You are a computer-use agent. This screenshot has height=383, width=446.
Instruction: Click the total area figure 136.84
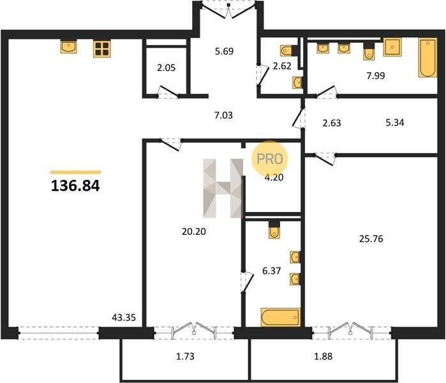click(x=75, y=186)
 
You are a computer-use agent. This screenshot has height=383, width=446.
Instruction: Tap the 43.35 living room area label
click(x=124, y=317)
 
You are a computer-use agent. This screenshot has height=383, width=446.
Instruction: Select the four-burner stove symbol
click(x=102, y=49)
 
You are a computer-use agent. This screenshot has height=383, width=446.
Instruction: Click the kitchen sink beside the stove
click(x=68, y=47)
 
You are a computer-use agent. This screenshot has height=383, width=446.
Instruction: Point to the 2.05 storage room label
click(x=166, y=68)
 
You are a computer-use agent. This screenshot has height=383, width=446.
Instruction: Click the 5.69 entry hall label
click(x=224, y=51)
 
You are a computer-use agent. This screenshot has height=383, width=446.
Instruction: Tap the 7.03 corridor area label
click(x=223, y=116)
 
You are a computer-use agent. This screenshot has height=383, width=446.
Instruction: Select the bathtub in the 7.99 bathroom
click(x=427, y=57)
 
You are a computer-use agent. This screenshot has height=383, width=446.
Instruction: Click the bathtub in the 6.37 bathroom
click(x=281, y=317)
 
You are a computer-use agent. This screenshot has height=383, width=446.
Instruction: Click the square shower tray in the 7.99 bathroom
click(x=392, y=47)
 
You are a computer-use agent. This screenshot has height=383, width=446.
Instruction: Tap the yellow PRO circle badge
click(x=270, y=158)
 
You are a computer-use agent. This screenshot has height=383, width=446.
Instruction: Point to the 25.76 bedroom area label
click(x=371, y=239)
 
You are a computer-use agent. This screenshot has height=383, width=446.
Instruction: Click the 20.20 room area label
click(x=194, y=232)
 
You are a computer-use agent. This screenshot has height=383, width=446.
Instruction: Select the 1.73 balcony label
click(x=185, y=356)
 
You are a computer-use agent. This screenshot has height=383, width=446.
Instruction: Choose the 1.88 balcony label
click(x=323, y=356)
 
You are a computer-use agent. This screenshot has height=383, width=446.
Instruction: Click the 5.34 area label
click(x=395, y=123)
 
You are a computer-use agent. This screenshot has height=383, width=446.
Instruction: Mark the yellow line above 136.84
click(x=76, y=172)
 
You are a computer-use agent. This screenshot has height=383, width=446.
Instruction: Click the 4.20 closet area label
click(x=274, y=177)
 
